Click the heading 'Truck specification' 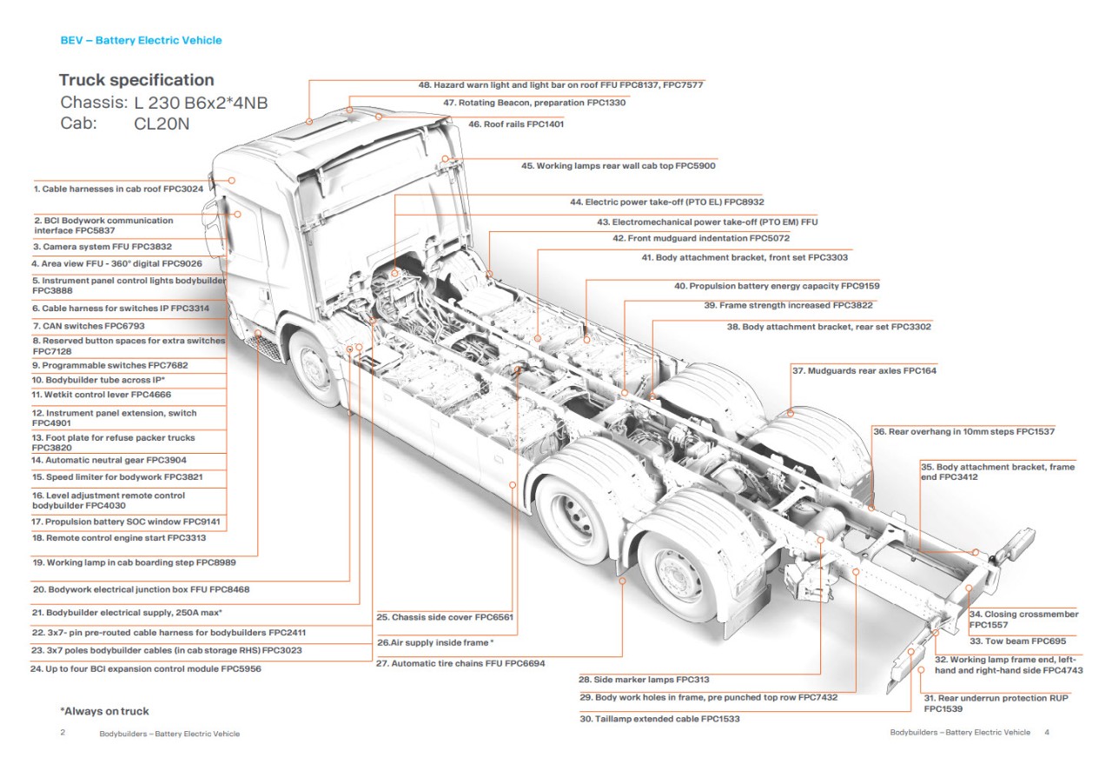[136, 80]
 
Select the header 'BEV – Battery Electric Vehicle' [141, 40]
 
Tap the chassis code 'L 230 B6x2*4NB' [201, 103]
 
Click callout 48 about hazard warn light [560, 84]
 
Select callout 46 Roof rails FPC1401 [516, 124]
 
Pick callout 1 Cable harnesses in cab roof [118, 189]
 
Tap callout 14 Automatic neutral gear [109, 460]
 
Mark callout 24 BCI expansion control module [145, 669]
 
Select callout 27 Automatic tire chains [460, 663]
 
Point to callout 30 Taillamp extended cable [659, 719]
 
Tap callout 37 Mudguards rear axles [864, 371]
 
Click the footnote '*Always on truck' [104, 711]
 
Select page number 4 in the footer [1047, 733]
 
